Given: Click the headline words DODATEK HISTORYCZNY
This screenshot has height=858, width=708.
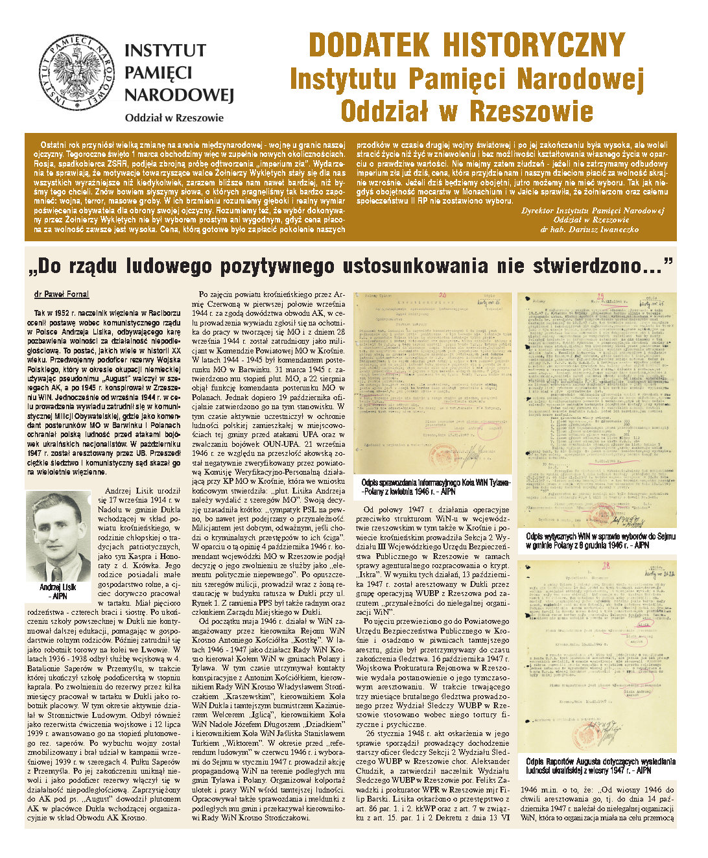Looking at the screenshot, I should click(x=467, y=45).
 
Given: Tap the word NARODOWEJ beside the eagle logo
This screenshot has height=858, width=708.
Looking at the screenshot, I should click(x=178, y=95).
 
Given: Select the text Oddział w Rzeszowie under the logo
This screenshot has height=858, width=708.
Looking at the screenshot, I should click(x=174, y=118).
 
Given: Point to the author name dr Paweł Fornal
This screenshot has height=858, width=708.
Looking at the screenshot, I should click(x=62, y=294).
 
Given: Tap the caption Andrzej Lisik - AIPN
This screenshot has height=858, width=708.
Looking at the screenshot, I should click(x=58, y=591).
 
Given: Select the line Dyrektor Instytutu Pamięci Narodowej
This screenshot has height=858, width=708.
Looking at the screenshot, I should click(x=593, y=211).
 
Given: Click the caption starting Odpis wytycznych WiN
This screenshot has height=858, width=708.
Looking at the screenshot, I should click(x=600, y=541).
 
